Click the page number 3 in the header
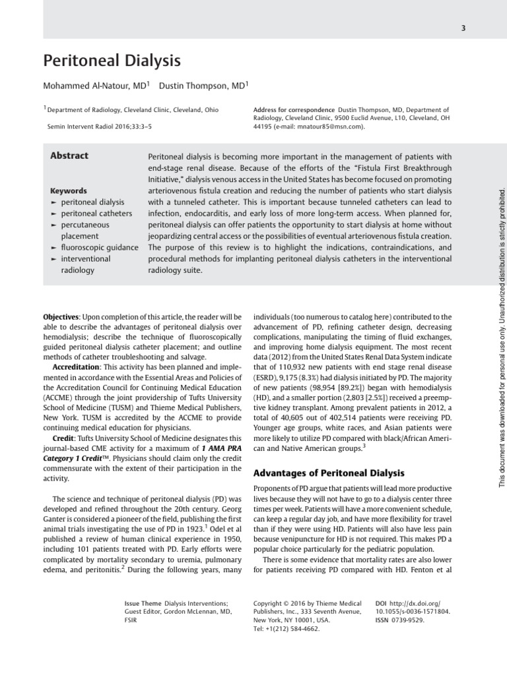[x=464, y=27]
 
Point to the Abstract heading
[x=69, y=156]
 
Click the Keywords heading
[x=69, y=191]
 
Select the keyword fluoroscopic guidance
[x=99, y=247]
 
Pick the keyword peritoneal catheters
[x=96, y=214]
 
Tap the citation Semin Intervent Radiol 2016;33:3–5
[x=99, y=126]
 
